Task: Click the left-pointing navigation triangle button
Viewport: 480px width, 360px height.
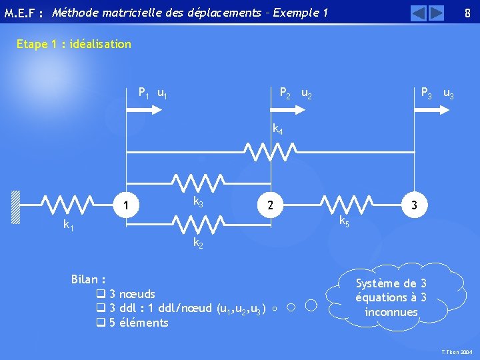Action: (x=419, y=13)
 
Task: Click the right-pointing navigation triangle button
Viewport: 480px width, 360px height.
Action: (x=436, y=13)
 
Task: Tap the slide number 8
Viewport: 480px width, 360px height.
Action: (x=467, y=13)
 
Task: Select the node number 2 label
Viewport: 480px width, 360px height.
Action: (x=269, y=206)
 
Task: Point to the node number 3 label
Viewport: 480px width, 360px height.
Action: (x=415, y=206)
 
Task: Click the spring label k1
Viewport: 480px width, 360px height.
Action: (x=69, y=226)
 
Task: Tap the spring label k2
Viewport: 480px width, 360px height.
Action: (x=198, y=243)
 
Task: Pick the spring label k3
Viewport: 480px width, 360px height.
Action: (x=198, y=201)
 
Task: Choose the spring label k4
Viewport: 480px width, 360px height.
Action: (x=277, y=131)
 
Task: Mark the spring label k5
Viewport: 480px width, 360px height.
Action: (x=344, y=221)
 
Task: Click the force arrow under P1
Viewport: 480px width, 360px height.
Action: (x=139, y=113)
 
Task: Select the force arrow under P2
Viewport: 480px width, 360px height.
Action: (x=285, y=113)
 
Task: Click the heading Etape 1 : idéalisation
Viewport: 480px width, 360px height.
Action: (x=74, y=45)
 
